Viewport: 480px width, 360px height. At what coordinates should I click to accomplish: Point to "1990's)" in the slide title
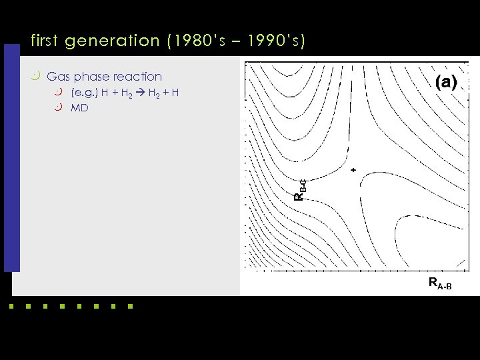[x=277, y=41]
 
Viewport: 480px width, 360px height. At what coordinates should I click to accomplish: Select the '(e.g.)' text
[x=84, y=92]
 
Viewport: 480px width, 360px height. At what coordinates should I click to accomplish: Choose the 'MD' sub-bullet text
[x=79, y=107]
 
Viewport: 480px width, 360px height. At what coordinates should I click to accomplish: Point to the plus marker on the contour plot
[x=353, y=170]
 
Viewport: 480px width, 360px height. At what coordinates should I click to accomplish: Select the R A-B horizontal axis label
[x=440, y=284]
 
